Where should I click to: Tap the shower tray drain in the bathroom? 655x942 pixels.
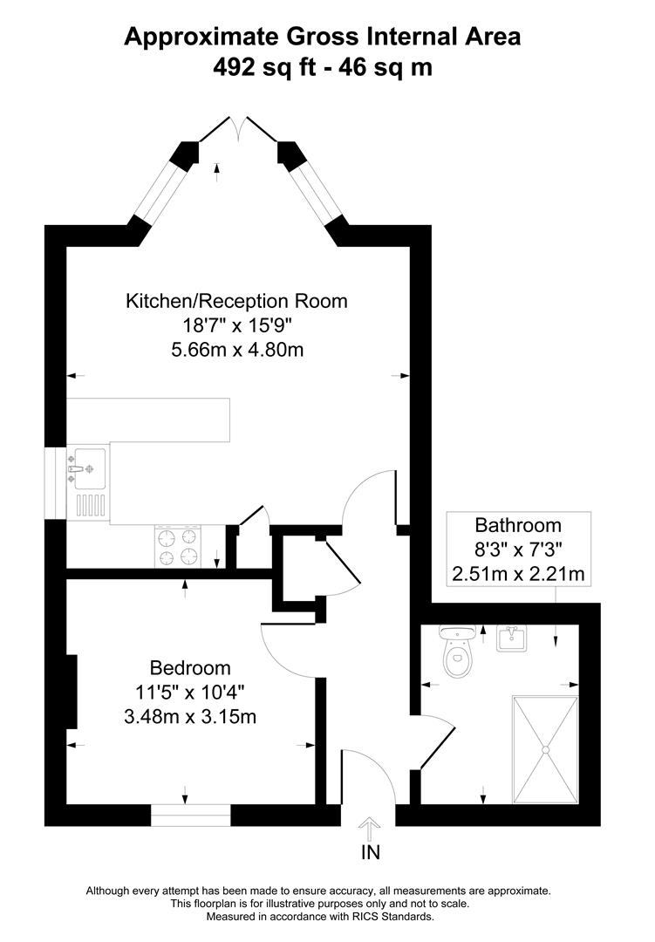(x=546, y=748)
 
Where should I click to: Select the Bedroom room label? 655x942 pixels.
(x=191, y=668)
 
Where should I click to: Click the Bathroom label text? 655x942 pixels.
(x=518, y=525)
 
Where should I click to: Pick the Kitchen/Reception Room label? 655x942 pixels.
(x=237, y=301)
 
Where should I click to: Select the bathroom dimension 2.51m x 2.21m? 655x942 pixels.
(x=518, y=574)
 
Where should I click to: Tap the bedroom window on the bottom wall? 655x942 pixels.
(x=191, y=816)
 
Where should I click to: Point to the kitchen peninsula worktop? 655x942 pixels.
(x=148, y=420)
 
